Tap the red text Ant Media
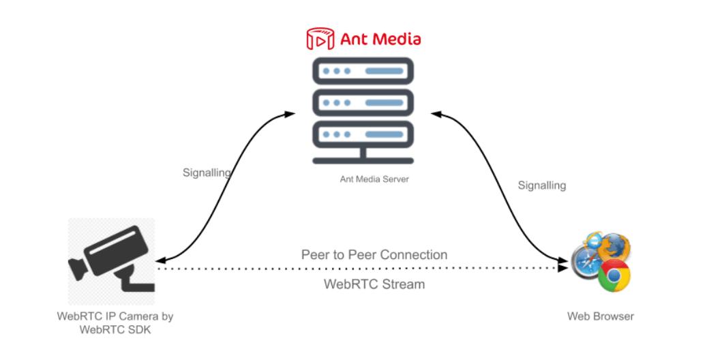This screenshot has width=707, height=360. tap(380, 39)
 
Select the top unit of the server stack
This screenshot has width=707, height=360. tap(363, 72)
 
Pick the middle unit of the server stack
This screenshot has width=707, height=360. tap(363, 102)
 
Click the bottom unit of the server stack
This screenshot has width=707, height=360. tap(363, 134)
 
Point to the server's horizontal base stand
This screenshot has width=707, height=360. tap(363, 161)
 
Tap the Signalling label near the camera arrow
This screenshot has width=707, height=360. tap(206, 173)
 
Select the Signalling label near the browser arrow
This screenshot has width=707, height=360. tap(541, 185)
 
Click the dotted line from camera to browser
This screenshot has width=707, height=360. tap(361, 269)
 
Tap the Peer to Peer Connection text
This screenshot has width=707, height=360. tap(374, 255)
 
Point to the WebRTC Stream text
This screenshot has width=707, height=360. tap(374, 284)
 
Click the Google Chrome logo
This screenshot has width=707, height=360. tap(614, 276)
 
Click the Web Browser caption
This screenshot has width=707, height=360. tap(600, 316)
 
